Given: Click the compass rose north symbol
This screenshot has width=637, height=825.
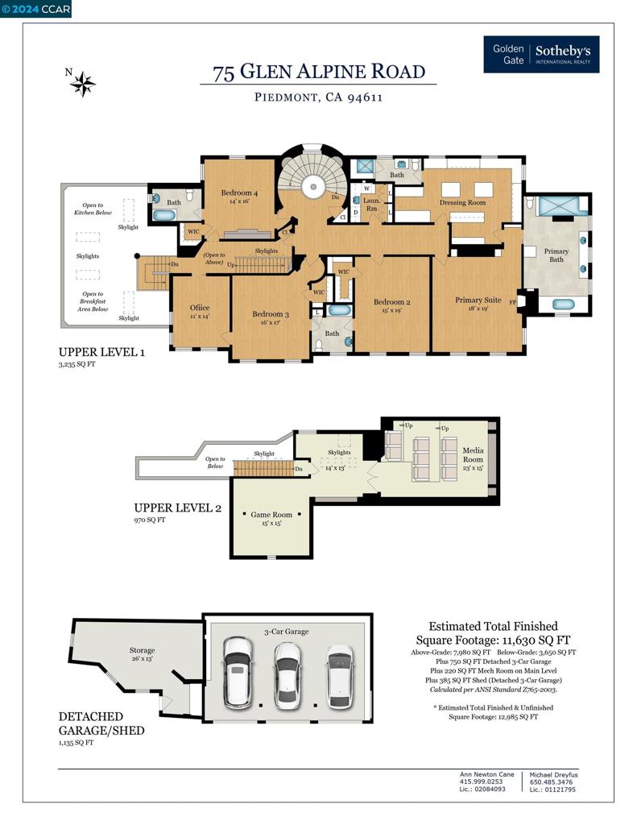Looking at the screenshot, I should pyautogui.click(x=82, y=82).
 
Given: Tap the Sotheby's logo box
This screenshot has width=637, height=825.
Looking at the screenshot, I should pyautogui.click(x=540, y=55).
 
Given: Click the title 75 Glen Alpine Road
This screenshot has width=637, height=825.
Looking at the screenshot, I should pyautogui.click(x=319, y=72).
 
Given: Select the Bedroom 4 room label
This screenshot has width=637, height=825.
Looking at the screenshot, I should pyautogui.click(x=239, y=197).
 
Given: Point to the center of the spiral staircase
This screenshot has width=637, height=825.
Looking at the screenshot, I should pyautogui.click(x=311, y=188).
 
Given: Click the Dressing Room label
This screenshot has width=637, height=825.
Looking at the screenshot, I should pyautogui.click(x=462, y=202).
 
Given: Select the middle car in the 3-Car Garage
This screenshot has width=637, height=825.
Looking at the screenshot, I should pyautogui.click(x=287, y=674).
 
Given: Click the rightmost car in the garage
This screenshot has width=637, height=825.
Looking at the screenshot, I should pyautogui.click(x=339, y=675).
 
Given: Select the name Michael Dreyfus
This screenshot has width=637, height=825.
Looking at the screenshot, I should pyautogui.click(x=553, y=774).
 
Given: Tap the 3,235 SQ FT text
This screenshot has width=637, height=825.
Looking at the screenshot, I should pyautogui.click(x=77, y=365).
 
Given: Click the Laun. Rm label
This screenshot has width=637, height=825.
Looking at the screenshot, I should pyautogui.click(x=371, y=203).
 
